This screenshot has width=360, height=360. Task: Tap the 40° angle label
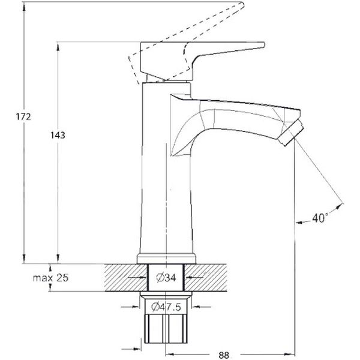(319, 218)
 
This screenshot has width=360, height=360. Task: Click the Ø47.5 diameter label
(166, 307)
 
